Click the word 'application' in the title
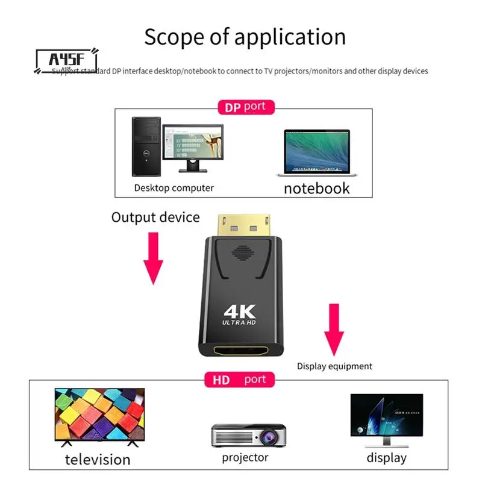[290, 37]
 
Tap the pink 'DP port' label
[245, 107]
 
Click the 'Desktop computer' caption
[174, 188]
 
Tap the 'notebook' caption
[316, 188]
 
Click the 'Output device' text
[155, 217]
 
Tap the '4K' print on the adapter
[240, 312]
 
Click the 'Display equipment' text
[334, 366]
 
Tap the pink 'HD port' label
[239, 380]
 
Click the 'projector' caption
[245, 458]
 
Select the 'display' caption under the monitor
[386, 458]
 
